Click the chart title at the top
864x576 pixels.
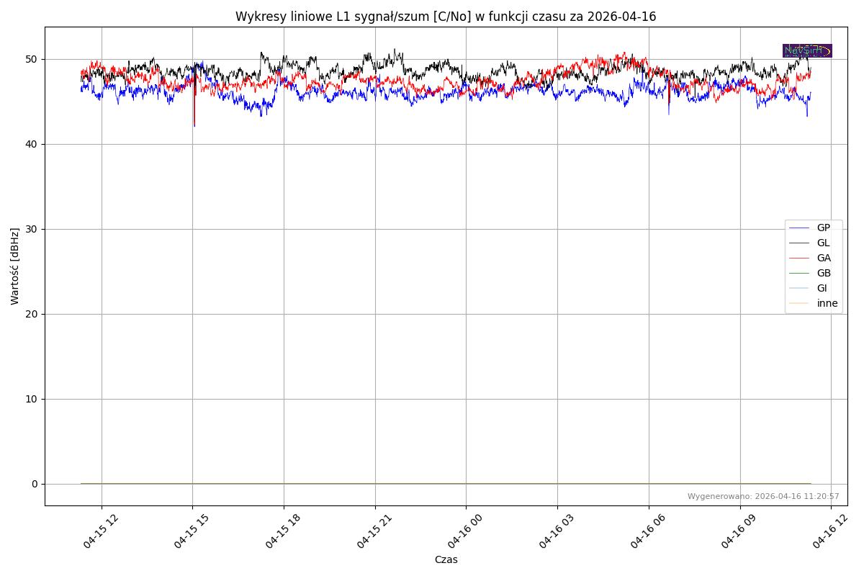[446, 17]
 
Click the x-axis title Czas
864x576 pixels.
[446, 559]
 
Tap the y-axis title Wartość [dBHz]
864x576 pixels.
[15, 266]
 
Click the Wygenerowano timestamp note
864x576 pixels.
[763, 496]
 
